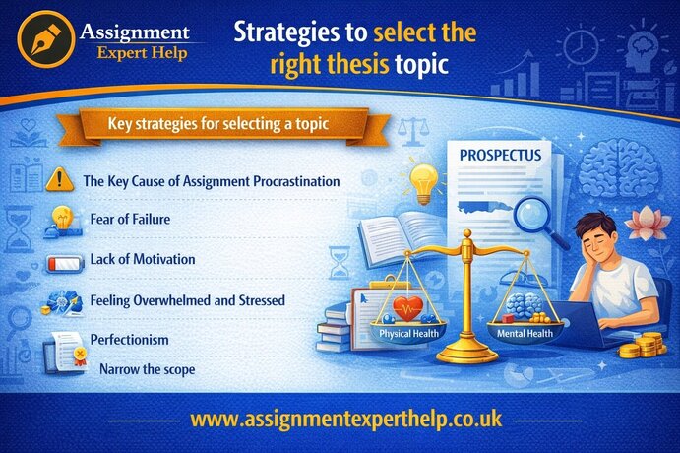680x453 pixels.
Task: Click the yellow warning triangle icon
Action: pos(59,180)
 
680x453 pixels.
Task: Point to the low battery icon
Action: pos(61,261)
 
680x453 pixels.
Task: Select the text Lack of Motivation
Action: pos(142,259)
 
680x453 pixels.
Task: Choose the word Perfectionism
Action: pos(129,339)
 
